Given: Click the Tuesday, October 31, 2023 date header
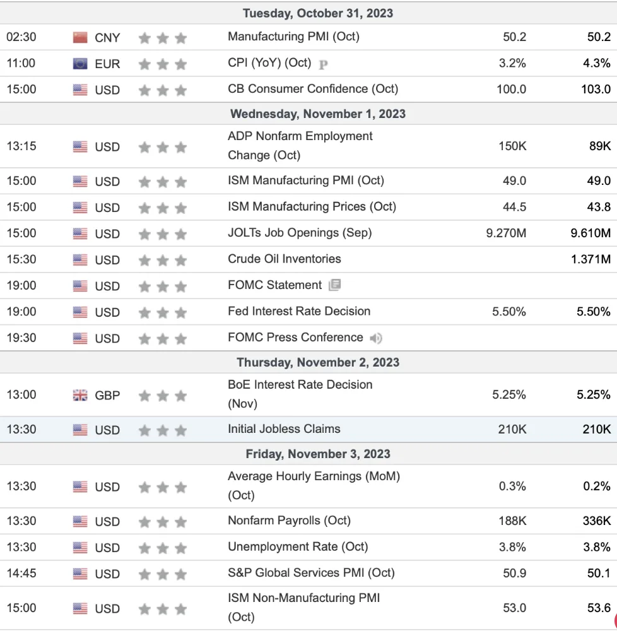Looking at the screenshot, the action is click(x=318, y=13).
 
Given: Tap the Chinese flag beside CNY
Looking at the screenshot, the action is click(x=80, y=37).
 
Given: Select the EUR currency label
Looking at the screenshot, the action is click(x=107, y=64).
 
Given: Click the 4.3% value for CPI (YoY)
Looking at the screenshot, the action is click(x=596, y=63).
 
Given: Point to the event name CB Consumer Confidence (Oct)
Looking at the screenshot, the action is click(x=313, y=88).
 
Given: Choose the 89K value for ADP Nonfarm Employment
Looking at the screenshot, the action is click(x=600, y=146).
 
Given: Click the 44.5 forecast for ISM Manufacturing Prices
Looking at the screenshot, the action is click(x=514, y=207).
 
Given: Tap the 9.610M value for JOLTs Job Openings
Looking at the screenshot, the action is click(x=591, y=233).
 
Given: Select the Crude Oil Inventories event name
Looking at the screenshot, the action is click(x=285, y=259).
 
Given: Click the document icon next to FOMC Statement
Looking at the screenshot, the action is click(x=334, y=285).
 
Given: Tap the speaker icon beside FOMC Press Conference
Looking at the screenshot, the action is click(x=375, y=338).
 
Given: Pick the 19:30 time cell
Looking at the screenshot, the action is click(x=21, y=338).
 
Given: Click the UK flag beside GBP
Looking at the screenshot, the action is click(x=80, y=395).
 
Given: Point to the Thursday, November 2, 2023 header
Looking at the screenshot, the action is click(x=318, y=362).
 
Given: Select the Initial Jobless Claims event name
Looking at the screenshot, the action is click(x=284, y=429).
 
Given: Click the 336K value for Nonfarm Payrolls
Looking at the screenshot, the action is click(x=596, y=521).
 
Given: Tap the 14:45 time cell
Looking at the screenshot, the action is click(x=21, y=573).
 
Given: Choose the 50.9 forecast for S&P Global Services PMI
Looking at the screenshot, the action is click(x=514, y=573).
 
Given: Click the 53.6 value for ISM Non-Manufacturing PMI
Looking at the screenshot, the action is click(x=599, y=608).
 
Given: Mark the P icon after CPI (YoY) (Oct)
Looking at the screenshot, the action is click(x=323, y=64).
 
